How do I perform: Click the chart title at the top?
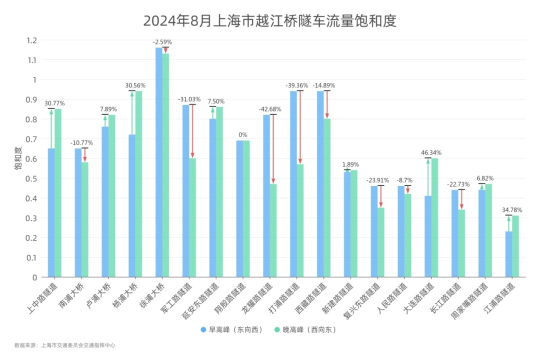(269, 21)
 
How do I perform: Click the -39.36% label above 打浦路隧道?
(296, 85)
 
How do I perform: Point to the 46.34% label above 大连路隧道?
(431, 152)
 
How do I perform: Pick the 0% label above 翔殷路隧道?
(242, 135)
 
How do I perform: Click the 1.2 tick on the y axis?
(32, 40)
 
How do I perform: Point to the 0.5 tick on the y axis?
(32, 178)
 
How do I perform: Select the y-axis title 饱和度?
(18, 158)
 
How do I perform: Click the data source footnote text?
(65, 345)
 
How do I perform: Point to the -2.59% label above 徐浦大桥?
(162, 42)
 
